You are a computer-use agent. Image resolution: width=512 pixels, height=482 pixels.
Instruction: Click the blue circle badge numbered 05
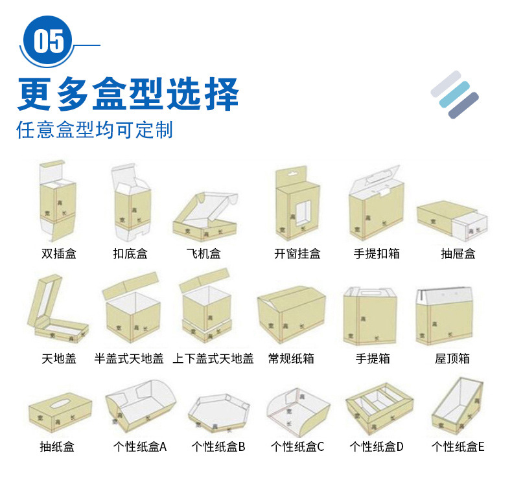coord(49,41)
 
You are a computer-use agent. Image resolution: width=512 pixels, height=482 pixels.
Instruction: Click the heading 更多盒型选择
coord(128,93)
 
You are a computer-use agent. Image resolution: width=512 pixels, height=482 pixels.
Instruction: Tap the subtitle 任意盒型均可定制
coord(95,130)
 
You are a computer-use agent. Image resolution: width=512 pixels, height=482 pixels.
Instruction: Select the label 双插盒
coord(59,254)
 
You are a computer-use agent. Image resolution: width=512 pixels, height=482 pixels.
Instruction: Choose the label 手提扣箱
coord(377,254)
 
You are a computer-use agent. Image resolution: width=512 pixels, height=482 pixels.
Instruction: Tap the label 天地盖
coord(59,358)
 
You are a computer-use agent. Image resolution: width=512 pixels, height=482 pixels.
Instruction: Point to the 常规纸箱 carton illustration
coord(291,314)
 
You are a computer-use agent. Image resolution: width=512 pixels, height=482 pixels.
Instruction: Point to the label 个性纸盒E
coord(458,446)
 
